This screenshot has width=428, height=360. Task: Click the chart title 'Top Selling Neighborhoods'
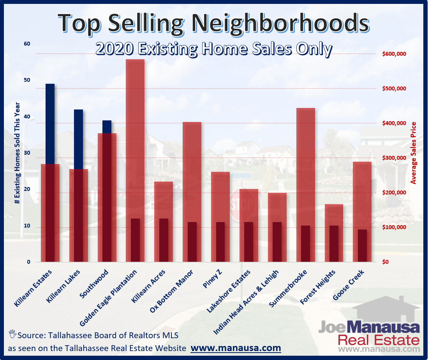click(x=213, y=23)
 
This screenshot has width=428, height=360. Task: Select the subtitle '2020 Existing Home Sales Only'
click(x=214, y=50)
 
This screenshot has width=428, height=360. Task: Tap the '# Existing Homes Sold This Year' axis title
click(x=17, y=153)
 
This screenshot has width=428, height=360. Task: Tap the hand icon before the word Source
click(x=12, y=334)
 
